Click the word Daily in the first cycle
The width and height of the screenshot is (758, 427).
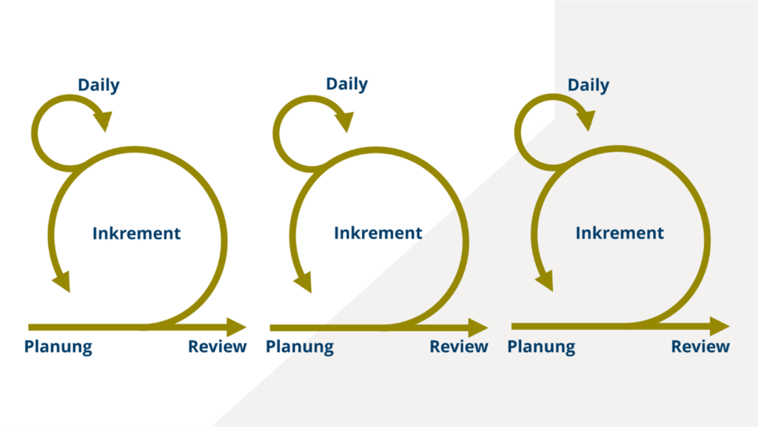pos(98,86)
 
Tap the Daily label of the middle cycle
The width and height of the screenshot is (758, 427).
pos(346,84)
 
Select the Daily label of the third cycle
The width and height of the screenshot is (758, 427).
pos(588,86)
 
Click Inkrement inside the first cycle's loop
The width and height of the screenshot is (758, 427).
pos(136,233)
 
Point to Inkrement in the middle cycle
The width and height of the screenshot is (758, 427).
pos(378,233)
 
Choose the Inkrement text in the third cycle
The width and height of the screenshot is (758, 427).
pos(620,233)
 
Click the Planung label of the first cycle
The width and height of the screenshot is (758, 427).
pos(58,347)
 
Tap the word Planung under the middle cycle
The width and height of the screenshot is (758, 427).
pos(300,347)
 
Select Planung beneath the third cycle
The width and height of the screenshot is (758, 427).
pos(541,347)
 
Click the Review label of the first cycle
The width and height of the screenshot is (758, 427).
pos(217,346)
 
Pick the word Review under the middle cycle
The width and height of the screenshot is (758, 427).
pos(459,346)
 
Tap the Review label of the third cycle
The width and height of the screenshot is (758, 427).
pos(700,346)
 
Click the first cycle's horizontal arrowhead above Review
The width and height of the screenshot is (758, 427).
pos(236,328)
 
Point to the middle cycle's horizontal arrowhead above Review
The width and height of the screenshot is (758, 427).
pos(477,328)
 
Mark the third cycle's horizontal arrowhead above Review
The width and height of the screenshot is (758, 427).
pos(720,326)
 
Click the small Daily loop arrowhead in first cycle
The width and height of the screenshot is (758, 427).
pos(104,121)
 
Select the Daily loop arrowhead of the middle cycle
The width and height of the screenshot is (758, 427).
pos(345,121)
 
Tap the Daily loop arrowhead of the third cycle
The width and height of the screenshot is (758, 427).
pos(586,120)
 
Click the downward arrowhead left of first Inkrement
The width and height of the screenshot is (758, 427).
pos(62,282)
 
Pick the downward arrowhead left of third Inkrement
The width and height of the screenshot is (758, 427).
pos(546,281)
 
